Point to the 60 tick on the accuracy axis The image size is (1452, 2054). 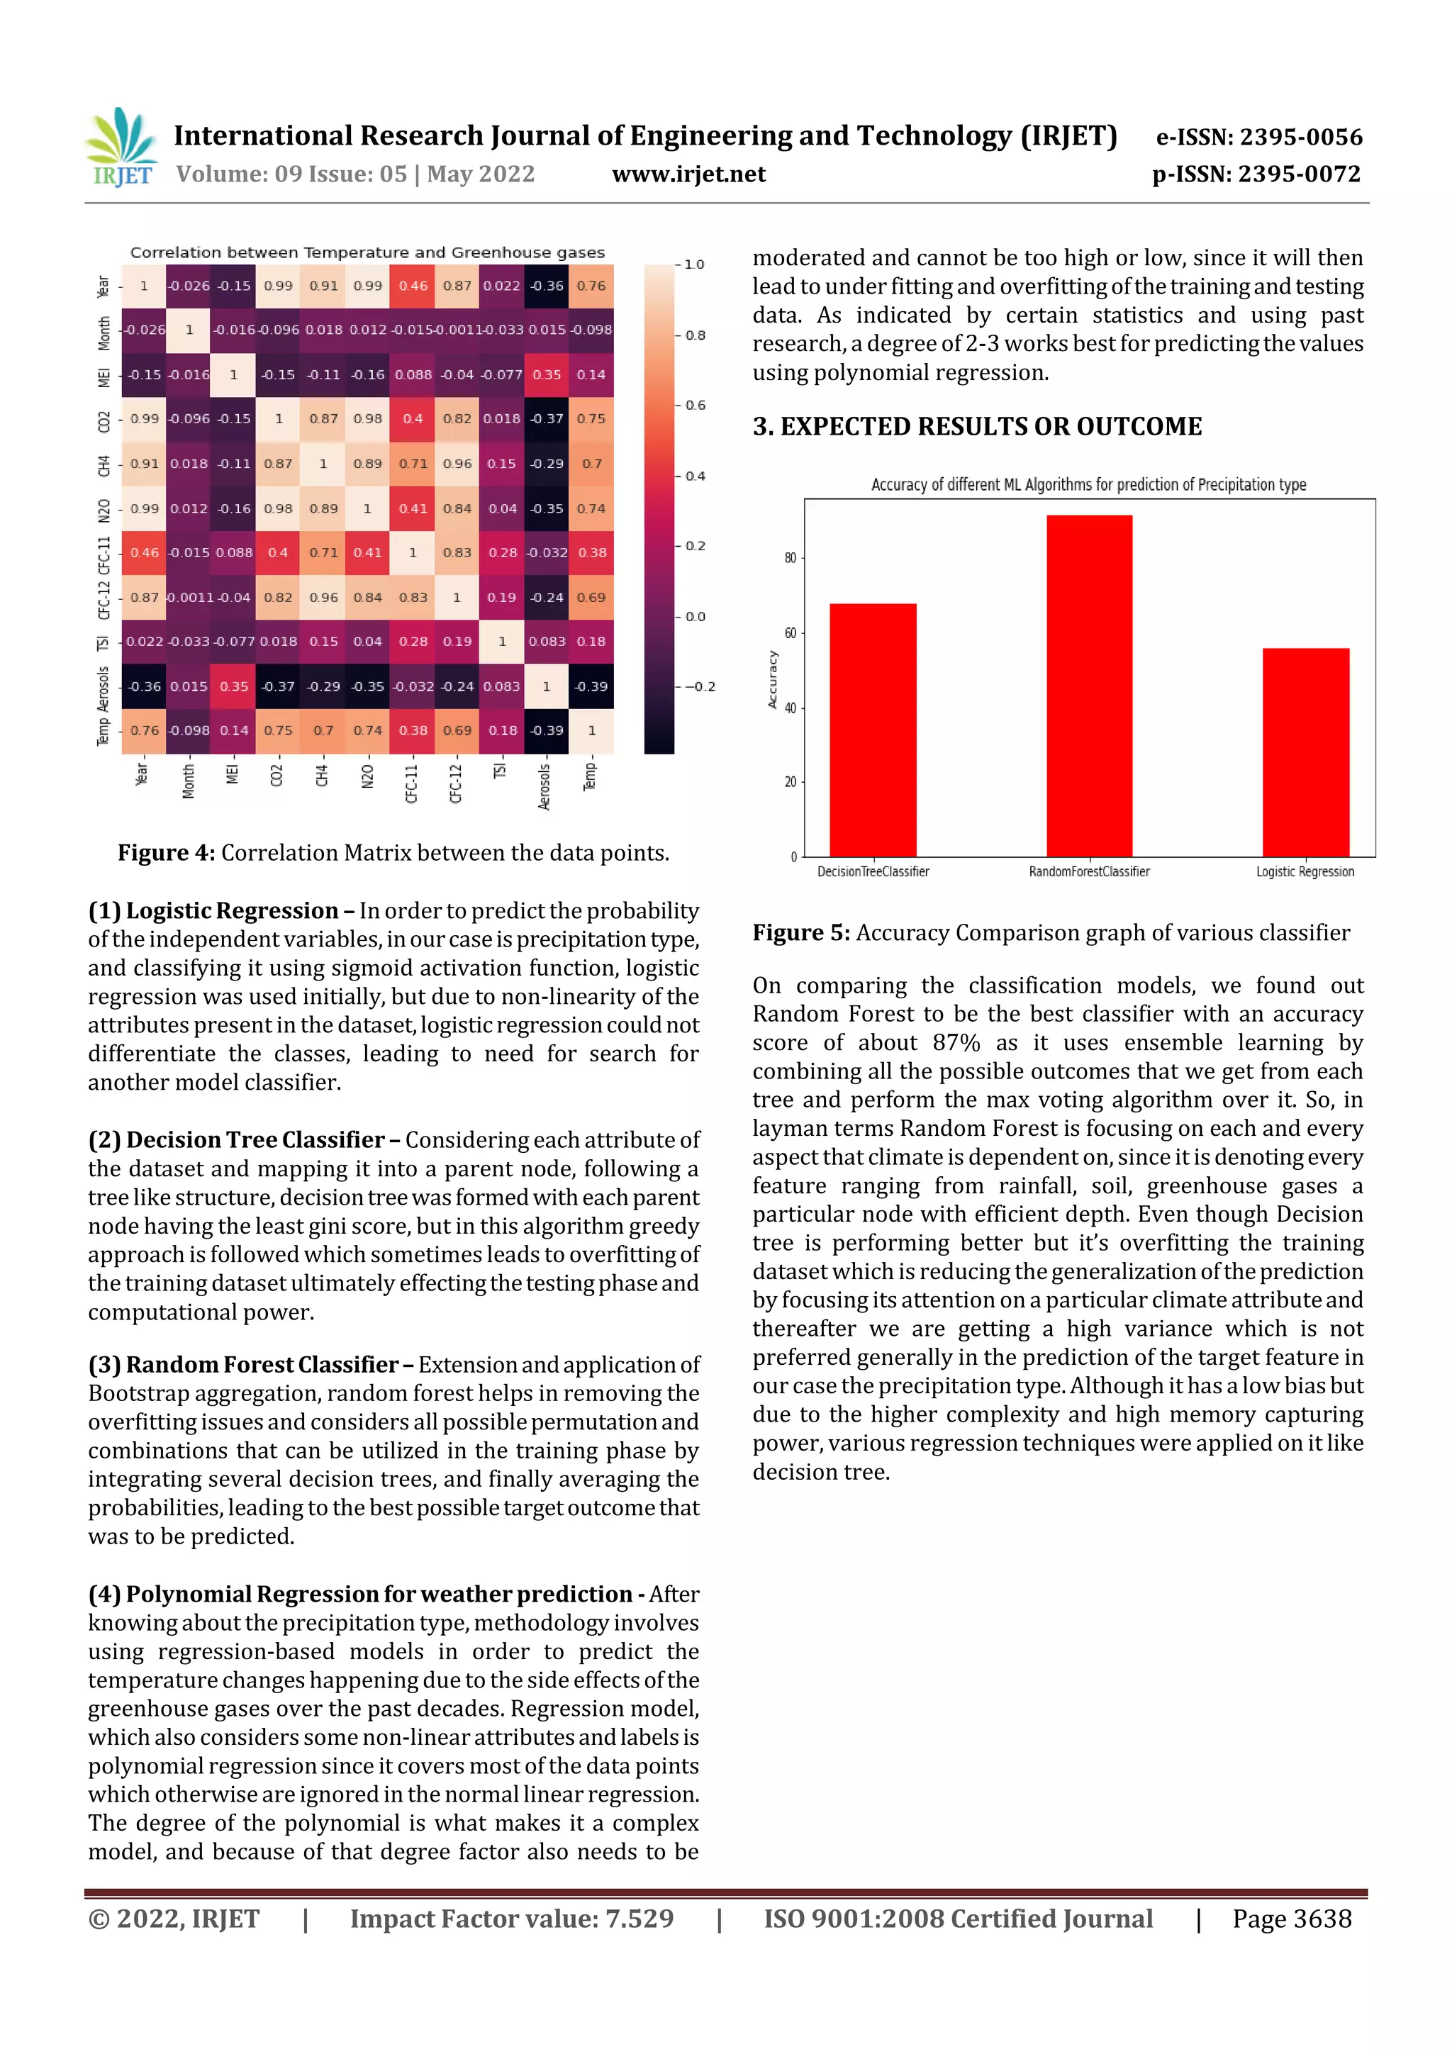click(790, 633)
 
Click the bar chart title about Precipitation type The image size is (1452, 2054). click(1088, 485)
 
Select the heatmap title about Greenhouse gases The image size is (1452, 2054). click(367, 252)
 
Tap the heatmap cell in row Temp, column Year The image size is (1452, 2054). click(144, 730)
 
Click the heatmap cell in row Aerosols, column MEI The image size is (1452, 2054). click(233, 686)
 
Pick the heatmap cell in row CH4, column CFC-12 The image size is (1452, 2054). click(457, 464)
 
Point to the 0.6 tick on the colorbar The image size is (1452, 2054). click(694, 406)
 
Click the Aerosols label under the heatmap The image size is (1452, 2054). click(544, 786)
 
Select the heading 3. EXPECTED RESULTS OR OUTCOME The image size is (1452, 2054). click(977, 426)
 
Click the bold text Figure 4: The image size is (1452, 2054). click(165, 852)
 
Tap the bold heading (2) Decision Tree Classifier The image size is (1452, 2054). click(236, 1139)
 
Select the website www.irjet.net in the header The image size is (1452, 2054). click(688, 174)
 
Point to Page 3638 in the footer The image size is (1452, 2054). click(1291, 1918)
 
